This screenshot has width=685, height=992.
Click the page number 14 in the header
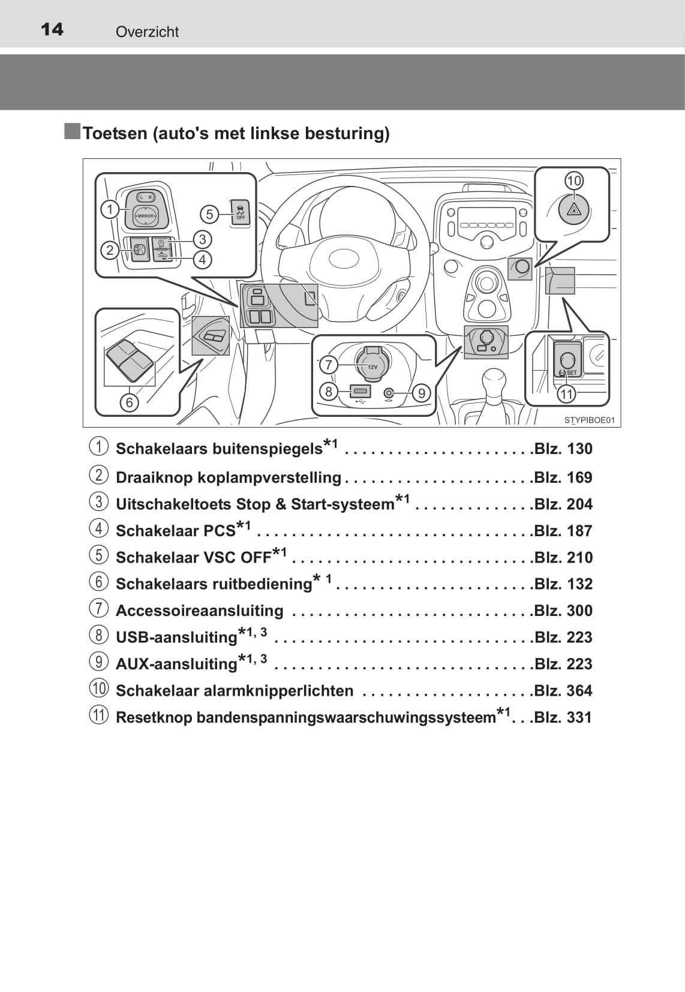click(52, 29)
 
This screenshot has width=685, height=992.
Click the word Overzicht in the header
click(147, 32)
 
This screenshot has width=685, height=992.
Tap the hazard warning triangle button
click(574, 210)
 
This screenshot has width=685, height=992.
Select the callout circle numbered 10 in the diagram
click(574, 181)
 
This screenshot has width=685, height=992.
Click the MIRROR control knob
click(145, 216)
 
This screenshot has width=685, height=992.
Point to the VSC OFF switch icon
click(240, 212)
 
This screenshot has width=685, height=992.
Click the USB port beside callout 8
click(360, 391)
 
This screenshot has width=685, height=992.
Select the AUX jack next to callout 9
click(389, 393)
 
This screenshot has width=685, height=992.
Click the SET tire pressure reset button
click(567, 359)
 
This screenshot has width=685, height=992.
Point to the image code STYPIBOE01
click(590, 420)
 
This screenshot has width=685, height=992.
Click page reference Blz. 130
click(563, 449)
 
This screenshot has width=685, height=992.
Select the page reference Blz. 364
click(563, 690)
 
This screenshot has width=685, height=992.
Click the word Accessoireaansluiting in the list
click(199, 611)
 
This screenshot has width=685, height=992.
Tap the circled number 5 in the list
click(99, 555)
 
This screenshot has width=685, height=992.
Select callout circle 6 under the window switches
click(130, 402)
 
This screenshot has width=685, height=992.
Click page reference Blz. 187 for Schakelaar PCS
click(563, 531)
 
